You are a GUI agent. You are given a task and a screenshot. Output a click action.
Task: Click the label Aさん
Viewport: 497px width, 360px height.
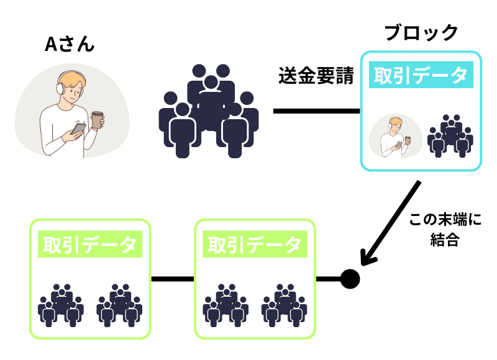point(70,45)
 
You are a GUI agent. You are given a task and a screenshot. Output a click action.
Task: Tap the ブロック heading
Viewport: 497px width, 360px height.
point(421,32)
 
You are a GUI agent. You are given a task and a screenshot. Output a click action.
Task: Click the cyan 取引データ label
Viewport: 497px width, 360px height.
point(420,76)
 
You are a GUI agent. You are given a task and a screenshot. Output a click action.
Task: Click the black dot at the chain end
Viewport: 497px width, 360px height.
point(350,279)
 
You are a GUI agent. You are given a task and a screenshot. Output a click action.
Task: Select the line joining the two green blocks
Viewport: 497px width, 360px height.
point(173,279)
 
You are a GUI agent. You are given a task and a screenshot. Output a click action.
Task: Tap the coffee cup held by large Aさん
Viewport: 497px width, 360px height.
point(97,120)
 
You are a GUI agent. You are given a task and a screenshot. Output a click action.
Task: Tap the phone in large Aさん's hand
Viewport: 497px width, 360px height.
point(80,128)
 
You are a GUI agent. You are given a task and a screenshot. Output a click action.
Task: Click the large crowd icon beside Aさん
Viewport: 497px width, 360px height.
point(209,109)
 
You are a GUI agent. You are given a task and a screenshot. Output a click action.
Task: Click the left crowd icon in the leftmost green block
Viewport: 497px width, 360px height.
point(61,306)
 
